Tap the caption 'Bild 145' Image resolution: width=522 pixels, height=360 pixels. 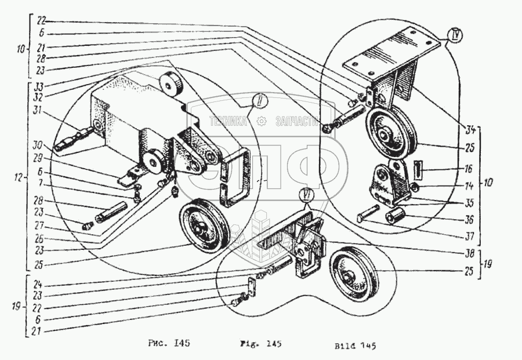click(x=355, y=347)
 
